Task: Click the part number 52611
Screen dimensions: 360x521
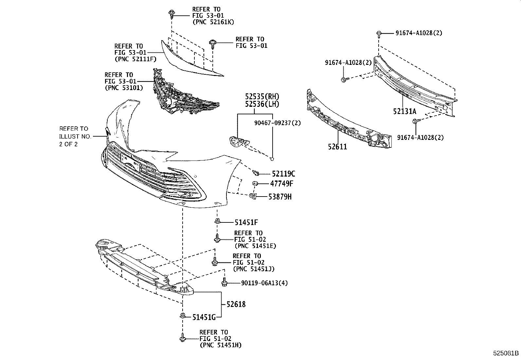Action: pyautogui.click(x=337, y=147)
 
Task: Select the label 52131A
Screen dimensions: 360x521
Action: pyautogui.click(x=404, y=111)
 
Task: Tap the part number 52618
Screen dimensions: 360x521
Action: pyautogui.click(x=236, y=304)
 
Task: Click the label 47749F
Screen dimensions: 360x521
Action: pyautogui.click(x=281, y=183)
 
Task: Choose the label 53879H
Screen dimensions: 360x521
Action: pyautogui.click(x=280, y=197)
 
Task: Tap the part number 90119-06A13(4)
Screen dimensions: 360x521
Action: pyautogui.click(x=260, y=283)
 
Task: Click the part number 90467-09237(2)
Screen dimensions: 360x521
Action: pyautogui.click(x=278, y=123)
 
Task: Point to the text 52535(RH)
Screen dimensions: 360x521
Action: pyautogui.click(x=262, y=97)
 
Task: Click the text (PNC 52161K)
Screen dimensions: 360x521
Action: pyautogui.click(x=213, y=22)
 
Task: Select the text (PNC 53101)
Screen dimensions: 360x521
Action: pyautogui.click(x=124, y=88)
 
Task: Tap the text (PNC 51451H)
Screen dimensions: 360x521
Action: pyautogui.click(x=221, y=345)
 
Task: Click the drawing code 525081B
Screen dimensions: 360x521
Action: pyautogui.click(x=506, y=353)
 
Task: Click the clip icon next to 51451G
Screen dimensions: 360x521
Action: pyautogui.click(x=183, y=316)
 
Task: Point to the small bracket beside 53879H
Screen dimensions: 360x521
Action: pyautogui.click(x=252, y=196)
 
